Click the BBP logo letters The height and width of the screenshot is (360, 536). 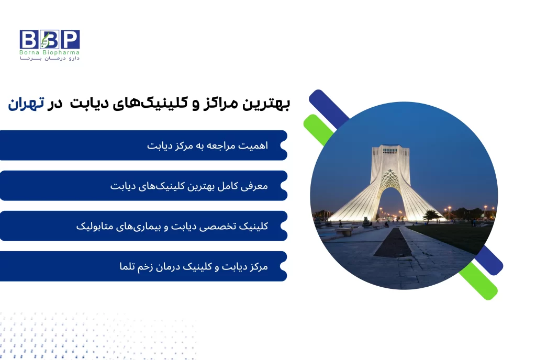coord(50,39)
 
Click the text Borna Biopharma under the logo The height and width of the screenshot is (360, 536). coord(50,52)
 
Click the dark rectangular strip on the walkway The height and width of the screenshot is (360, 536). coord(393,243)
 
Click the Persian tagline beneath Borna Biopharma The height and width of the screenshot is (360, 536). coord(50,59)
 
